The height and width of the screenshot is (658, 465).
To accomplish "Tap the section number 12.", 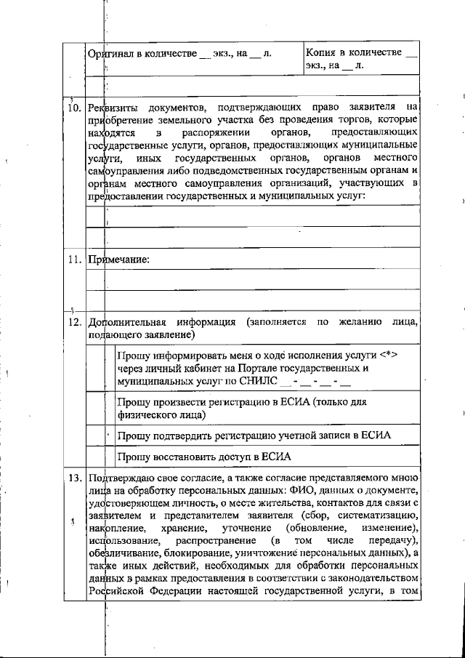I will click(x=73, y=321).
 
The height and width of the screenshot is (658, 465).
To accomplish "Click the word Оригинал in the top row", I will click(x=110, y=54).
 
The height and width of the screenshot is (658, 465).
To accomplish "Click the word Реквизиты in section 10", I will click(x=110, y=108).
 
